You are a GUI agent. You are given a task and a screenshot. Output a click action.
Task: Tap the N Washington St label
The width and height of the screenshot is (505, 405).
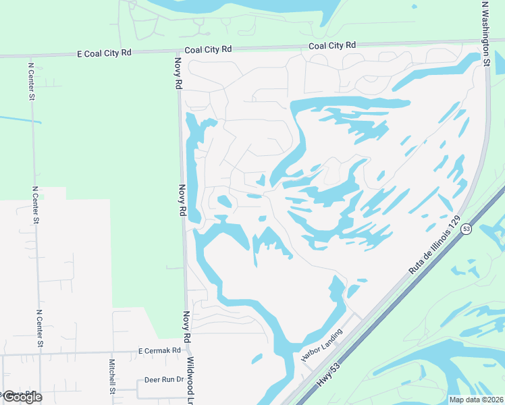(485, 33)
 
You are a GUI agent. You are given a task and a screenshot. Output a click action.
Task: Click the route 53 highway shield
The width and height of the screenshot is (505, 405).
(466, 230)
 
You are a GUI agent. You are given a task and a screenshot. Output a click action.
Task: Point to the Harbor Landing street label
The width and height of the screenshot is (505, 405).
(322, 345)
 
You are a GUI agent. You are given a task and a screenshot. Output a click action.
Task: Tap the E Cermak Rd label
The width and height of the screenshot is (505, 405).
(160, 350)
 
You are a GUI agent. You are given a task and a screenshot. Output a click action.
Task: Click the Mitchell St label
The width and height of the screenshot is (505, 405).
(113, 377)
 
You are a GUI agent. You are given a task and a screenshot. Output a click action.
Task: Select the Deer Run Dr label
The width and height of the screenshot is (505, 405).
(164, 379)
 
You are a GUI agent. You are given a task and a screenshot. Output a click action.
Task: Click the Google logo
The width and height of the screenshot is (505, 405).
(22, 396)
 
